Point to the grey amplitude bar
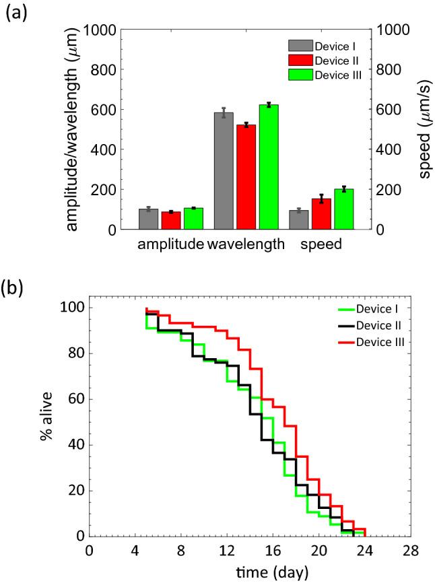click(149, 219)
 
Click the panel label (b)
click(14, 287)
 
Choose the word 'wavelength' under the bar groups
click(246, 246)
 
